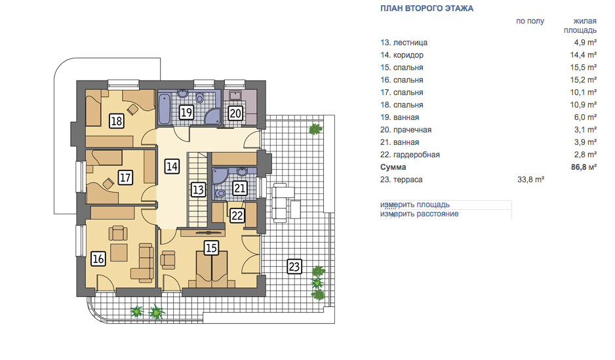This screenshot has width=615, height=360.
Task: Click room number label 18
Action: (117, 121)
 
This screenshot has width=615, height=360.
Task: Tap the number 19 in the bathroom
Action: (186, 113)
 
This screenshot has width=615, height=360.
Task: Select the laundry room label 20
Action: (235, 113)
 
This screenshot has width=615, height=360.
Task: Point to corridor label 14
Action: (172, 167)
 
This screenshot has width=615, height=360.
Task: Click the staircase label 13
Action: (198, 190)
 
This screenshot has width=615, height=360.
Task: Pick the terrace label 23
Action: (294, 267)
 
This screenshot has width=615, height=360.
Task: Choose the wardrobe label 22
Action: (237, 215)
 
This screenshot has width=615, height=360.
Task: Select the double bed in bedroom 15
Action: (211, 270)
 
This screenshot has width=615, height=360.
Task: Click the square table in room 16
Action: (119, 253)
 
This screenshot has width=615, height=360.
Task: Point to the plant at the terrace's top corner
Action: (315, 129)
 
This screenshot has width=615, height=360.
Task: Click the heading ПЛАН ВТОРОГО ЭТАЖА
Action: (427, 9)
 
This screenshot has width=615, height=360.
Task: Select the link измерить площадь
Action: (414, 205)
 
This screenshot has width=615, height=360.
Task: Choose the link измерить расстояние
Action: (419, 214)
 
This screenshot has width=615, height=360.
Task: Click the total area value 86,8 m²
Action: (584, 167)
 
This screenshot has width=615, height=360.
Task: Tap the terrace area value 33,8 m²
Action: (530, 180)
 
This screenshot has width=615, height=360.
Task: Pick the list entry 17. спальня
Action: (402, 92)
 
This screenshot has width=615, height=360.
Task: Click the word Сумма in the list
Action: (393, 167)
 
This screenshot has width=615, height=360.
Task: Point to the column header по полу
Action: (530, 21)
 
